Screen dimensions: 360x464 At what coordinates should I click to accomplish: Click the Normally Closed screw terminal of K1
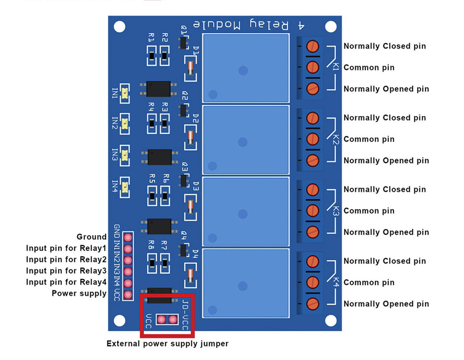pos(312,46)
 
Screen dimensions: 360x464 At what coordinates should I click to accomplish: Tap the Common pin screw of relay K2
pos(312,139)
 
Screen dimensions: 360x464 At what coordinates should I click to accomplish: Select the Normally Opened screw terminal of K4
pos(312,303)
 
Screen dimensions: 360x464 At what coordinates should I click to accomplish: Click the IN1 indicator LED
pos(125,93)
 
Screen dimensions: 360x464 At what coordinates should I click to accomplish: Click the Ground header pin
pos(128,237)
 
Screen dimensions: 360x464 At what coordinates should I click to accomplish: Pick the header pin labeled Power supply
pos(128,294)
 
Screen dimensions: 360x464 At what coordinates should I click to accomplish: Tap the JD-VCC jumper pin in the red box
pos(172,319)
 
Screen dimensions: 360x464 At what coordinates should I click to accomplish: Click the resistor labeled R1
pos(152,57)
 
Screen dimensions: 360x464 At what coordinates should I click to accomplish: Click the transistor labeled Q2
pos(183,111)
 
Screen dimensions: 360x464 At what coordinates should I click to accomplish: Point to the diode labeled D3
pos(190,206)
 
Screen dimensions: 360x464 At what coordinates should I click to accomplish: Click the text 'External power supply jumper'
pos(167,344)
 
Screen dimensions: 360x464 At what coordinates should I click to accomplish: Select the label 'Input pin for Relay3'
pos(66,271)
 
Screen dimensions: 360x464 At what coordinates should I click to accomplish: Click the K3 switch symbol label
pos(335,211)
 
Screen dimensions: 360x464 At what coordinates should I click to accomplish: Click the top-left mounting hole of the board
pos(119,27)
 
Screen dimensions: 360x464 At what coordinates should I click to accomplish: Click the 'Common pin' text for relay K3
pos(369,211)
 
